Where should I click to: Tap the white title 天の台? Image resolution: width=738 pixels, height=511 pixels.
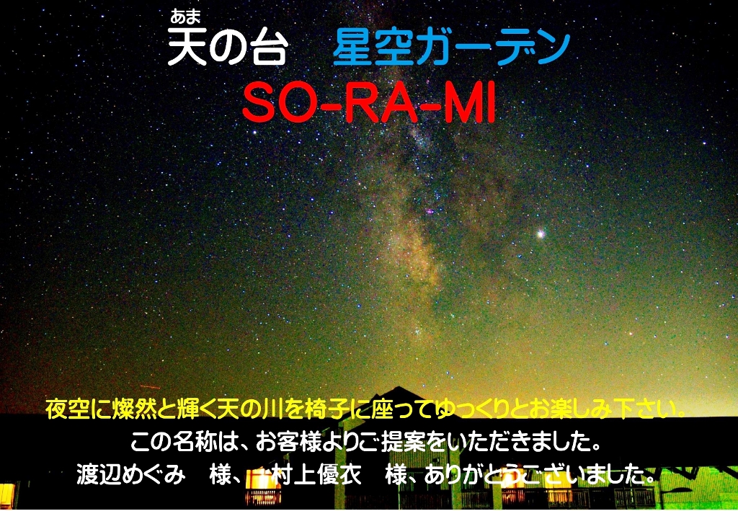[227, 47]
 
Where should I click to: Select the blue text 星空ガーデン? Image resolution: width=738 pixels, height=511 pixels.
[451, 49]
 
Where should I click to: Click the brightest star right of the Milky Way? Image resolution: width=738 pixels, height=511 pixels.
[541, 234]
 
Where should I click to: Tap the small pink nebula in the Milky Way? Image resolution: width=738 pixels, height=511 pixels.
[430, 212]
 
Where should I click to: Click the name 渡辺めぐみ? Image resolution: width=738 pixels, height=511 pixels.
[130, 475]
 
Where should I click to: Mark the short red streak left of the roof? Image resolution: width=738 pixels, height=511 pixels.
[150, 387]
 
